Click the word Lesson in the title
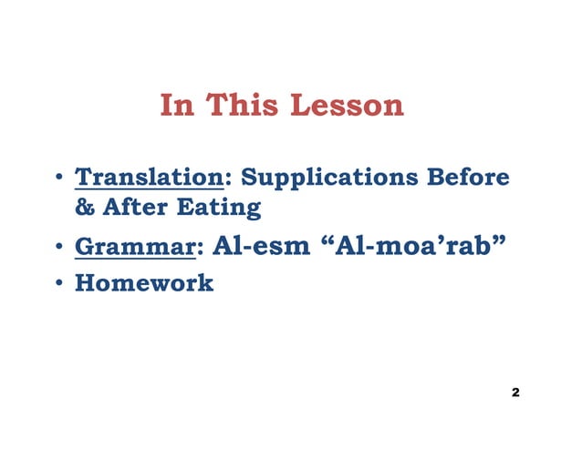346,106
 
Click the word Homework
144,283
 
